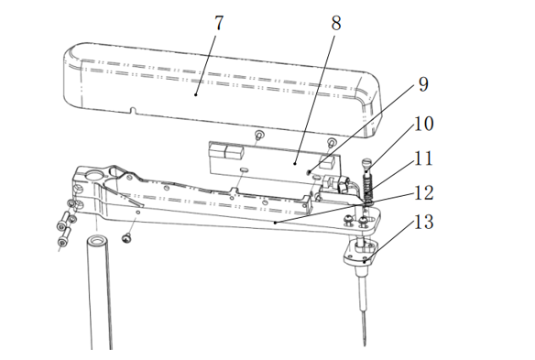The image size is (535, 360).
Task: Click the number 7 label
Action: [x=219, y=23]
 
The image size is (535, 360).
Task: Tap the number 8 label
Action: [x=336, y=23]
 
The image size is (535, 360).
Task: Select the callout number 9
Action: [x=423, y=84]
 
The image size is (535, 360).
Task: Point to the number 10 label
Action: [x=424, y=124]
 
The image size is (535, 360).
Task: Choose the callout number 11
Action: [x=424, y=158]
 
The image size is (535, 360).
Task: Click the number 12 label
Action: [x=424, y=193]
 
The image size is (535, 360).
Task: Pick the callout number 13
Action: [x=424, y=223]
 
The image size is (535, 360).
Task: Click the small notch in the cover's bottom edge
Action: [x=133, y=111]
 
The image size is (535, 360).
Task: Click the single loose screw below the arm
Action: [x=126, y=238]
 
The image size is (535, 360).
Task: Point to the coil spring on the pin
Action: [x=368, y=187]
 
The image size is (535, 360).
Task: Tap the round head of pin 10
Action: [x=367, y=161]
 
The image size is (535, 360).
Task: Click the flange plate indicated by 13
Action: [x=361, y=252]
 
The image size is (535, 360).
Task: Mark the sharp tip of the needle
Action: [x=365, y=344]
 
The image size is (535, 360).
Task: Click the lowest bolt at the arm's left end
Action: [x=64, y=237]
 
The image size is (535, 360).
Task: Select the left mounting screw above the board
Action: [x=259, y=135]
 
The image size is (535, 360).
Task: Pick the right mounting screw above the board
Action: [x=332, y=143]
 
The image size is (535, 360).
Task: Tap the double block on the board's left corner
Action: [x=226, y=151]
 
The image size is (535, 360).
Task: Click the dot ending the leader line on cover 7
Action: [x=195, y=95]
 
